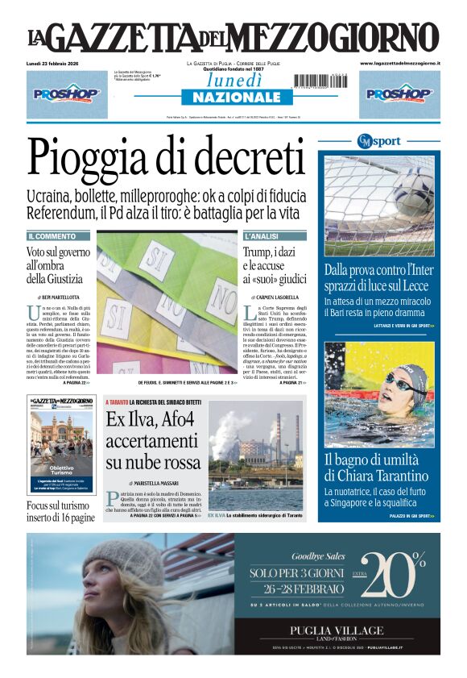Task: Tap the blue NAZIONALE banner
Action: [x=237, y=98]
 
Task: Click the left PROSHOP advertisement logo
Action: [x=67, y=94]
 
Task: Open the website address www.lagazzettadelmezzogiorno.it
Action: [x=400, y=63]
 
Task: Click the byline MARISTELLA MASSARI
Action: [x=156, y=482]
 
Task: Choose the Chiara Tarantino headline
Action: [x=378, y=468]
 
